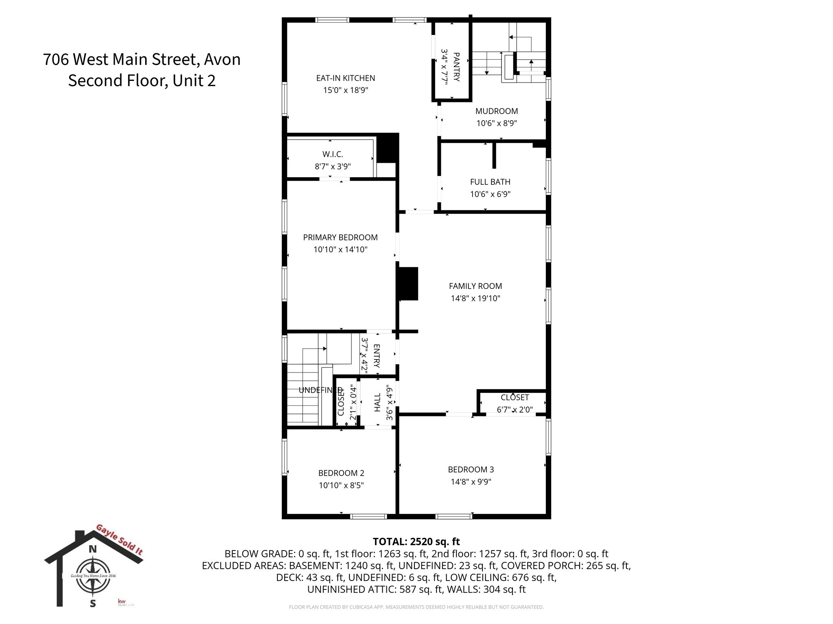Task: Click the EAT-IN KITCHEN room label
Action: point(345,78)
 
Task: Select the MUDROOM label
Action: point(496,111)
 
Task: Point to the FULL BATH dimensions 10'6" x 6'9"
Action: point(490,194)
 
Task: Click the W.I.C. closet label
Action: point(332,154)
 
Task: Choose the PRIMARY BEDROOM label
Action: point(340,237)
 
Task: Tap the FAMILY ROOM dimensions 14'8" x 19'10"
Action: point(475,298)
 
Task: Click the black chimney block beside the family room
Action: point(408,284)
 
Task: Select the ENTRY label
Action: point(377,355)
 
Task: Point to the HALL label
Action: point(377,402)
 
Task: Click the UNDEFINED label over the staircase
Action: point(321,390)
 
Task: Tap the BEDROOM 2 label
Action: point(341,473)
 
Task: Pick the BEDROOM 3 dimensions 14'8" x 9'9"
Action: point(471,482)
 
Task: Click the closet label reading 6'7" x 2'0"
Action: point(515,409)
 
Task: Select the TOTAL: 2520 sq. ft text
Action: point(416,542)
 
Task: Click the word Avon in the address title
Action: point(222,59)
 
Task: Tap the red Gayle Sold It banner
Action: point(119,540)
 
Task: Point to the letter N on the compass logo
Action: point(93,549)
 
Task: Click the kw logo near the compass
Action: point(121,601)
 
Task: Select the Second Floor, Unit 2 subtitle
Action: point(142,80)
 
